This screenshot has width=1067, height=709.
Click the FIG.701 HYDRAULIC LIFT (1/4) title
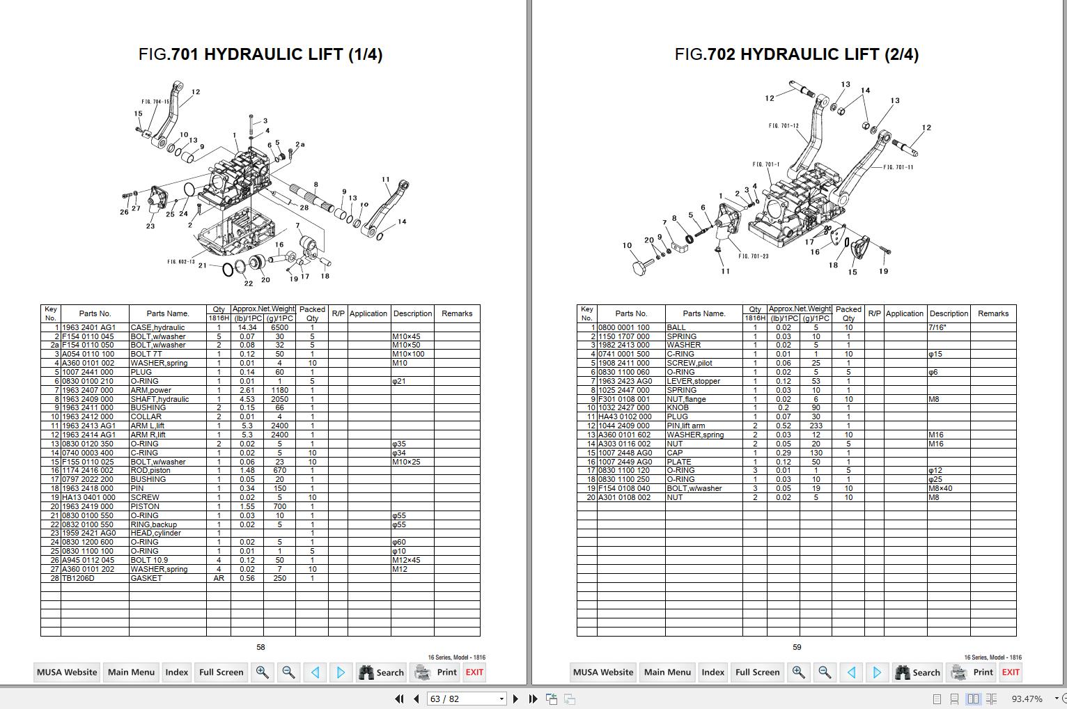point(260,54)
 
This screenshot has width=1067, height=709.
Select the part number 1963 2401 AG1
point(88,327)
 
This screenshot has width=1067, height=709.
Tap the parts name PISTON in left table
point(145,506)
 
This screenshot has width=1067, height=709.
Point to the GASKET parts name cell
point(146,578)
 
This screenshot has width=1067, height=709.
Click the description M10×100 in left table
point(408,354)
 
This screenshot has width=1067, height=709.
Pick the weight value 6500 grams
point(279,327)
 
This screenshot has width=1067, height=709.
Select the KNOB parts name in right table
point(678,407)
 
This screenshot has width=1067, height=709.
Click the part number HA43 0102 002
point(624,416)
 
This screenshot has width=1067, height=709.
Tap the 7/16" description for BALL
point(937,327)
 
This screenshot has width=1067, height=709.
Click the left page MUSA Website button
point(67,672)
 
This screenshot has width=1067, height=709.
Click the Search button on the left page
point(381,672)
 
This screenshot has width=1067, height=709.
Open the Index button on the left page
point(176,672)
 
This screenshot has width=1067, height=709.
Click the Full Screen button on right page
point(757,672)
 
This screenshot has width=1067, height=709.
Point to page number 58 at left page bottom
point(260,647)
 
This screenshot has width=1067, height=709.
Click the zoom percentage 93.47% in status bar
point(1027,699)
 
